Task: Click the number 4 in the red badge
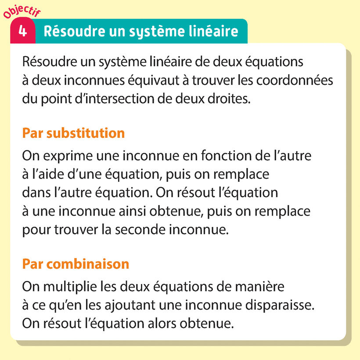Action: pyautogui.click(x=22, y=32)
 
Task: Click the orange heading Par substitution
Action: pyautogui.click(x=73, y=133)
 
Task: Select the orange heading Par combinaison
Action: pyautogui.click(x=76, y=264)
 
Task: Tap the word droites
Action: pyautogui.click(x=228, y=99)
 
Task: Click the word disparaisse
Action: pyautogui.click(x=274, y=306)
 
